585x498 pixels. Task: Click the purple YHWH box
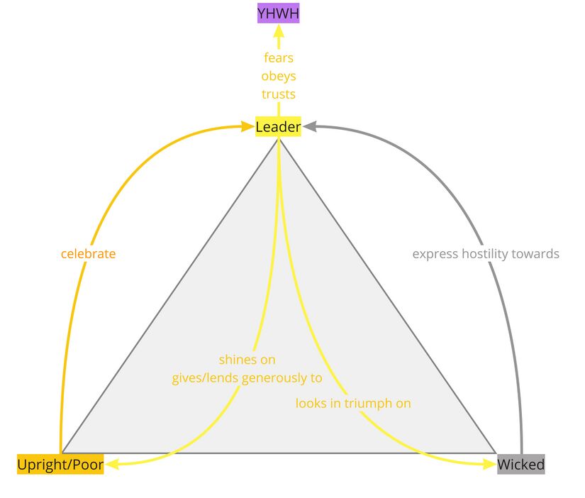(278, 13)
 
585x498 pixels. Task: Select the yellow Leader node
(278, 127)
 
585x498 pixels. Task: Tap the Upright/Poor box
(60, 465)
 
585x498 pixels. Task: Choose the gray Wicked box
(521, 465)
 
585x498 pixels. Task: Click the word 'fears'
(278, 57)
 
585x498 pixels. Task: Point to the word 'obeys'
(278, 76)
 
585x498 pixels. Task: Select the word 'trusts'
(278, 94)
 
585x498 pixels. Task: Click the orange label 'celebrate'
(88, 253)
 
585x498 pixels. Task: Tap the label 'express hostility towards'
(486, 253)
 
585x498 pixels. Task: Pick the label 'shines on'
(247, 360)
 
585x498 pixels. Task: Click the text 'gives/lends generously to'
(247, 378)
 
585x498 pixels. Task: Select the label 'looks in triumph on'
(353, 403)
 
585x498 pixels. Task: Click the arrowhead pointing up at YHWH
(279, 31)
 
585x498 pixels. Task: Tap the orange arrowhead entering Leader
(248, 127)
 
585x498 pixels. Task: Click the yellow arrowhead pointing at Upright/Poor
(112, 465)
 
